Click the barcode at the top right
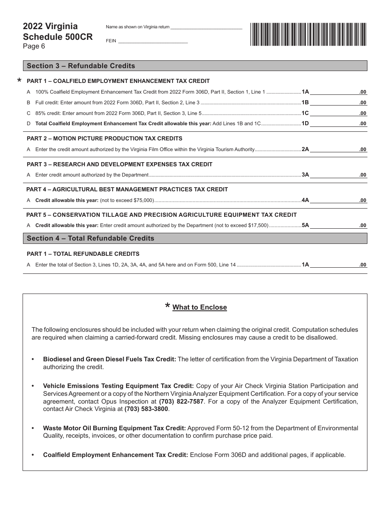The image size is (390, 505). coord(308,34)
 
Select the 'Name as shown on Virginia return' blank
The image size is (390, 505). coord(206,27)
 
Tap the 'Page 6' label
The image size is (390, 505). coord(34,46)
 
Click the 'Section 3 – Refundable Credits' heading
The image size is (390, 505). coord(81,66)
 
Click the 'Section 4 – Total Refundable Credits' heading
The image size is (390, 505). coord(90,238)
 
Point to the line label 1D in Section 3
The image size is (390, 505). coord(305,123)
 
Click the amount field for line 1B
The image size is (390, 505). coord(338,102)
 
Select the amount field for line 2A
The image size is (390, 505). coord(338,149)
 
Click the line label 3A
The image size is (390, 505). coord(305,175)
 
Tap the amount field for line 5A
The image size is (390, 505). coord(338,225)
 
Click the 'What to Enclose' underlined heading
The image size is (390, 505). coord(200,307)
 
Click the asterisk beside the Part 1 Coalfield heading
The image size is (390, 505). coord(19,81)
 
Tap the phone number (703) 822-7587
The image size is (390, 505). coord(181,402)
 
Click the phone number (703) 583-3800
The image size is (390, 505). coord(146,409)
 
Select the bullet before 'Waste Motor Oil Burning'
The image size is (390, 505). coord(33,428)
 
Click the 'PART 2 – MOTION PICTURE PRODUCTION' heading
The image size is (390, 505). coord(104,138)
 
